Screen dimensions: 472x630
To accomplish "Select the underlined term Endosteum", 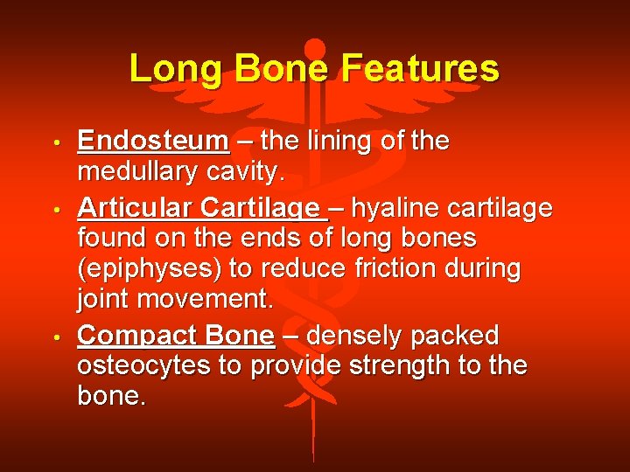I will click(x=153, y=142).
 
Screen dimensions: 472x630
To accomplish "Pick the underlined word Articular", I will click(x=135, y=207).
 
